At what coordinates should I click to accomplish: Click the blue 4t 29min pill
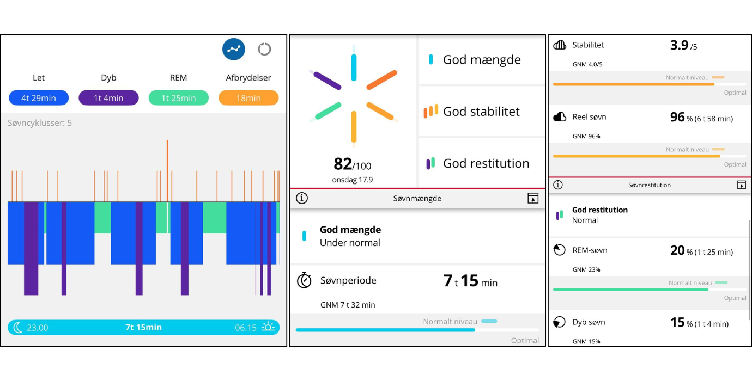38,98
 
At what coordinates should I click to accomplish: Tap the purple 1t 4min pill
108,98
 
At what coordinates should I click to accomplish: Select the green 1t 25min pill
178,98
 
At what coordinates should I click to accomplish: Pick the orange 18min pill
248,98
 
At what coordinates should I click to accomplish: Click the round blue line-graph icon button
234,50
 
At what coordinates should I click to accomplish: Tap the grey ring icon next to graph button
264,50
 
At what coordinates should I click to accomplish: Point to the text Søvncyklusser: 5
40,123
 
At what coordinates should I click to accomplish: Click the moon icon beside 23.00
18,327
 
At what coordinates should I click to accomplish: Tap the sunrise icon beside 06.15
268,327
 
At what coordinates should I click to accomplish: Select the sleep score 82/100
353,164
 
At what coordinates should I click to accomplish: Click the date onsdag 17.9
353,180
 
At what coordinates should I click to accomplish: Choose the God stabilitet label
481,112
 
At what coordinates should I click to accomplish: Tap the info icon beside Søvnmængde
302,198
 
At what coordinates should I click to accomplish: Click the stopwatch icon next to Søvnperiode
304,281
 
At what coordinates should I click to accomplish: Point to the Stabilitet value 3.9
680,46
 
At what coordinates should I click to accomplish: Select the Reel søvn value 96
677,117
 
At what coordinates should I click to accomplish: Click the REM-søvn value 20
677,250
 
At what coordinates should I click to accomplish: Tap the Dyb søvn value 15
677,322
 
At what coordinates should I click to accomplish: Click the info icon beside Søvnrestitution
558,185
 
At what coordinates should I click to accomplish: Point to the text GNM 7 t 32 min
348,305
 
